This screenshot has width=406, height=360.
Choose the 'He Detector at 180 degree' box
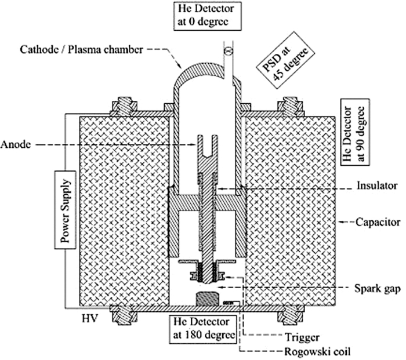(x=201, y=329)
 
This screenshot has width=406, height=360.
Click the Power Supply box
(x=64, y=209)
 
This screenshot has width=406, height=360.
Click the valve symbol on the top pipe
(x=227, y=51)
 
